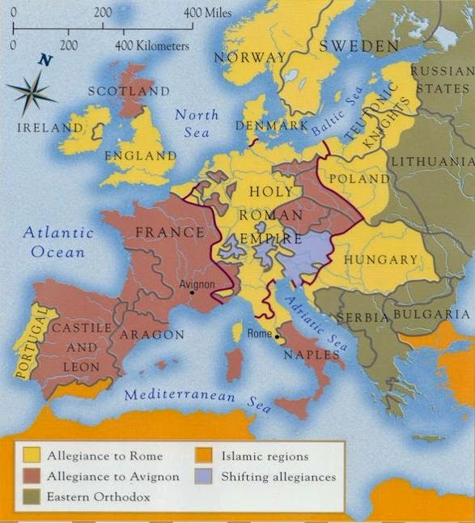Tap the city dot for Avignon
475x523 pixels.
(x=193, y=292)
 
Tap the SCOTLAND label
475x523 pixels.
(x=129, y=91)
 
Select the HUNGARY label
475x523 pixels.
(x=381, y=260)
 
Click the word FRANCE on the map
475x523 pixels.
(x=170, y=232)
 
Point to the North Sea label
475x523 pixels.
(x=197, y=124)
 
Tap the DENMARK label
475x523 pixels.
(x=271, y=126)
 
